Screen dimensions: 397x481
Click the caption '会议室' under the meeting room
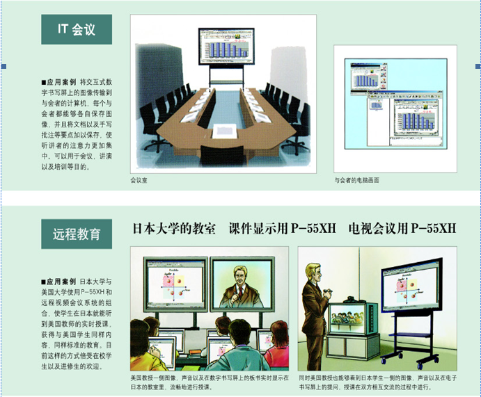[x=139, y=180]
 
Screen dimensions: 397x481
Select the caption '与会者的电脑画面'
[x=357, y=180]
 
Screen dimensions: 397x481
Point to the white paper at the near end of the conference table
[x=221, y=137]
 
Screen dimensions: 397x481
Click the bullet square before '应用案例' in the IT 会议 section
[x=44, y=81]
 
